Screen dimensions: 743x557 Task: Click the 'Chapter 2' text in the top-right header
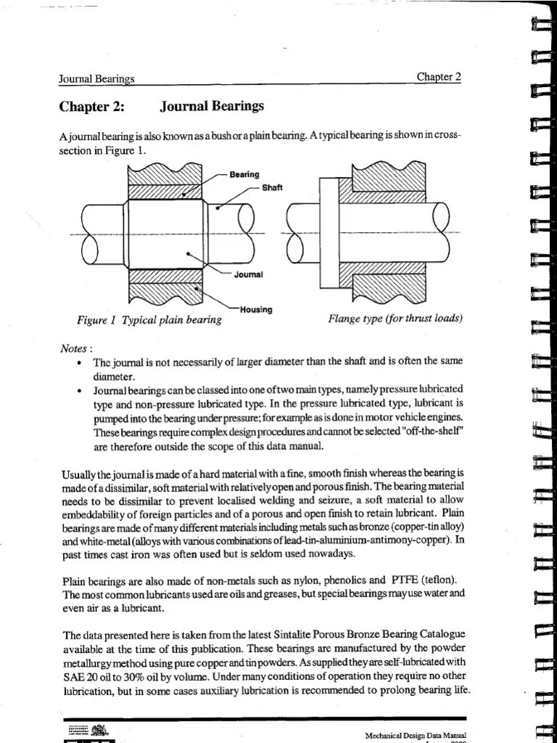tap(439, 78)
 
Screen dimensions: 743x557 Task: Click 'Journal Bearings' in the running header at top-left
tap(96, 78)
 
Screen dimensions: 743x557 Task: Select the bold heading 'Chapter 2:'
tap(92, 108)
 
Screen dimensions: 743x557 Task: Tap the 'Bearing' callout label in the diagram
tap(244, 174)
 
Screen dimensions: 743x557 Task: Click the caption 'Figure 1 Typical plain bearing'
tap(149, 320)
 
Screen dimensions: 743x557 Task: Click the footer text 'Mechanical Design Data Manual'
tap(414, 734)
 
